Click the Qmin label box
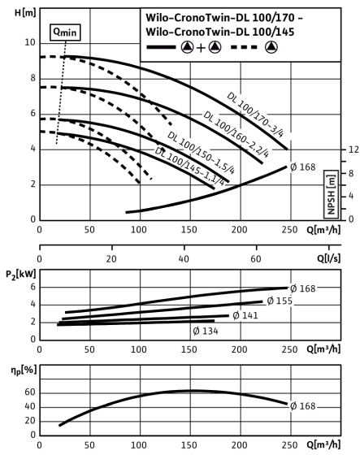coord(66,32)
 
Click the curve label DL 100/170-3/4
coord(255,115)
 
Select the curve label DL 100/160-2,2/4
coord(236,134)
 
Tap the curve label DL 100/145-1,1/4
coord(189,167)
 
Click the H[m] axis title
coord(25,13)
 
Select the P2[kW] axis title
coord(21,275)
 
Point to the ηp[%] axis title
coord(24,370)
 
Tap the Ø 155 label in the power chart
coord(280,301)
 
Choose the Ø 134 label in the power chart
coord(206,331)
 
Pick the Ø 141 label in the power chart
coord(245,315)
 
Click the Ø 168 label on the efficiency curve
coord(302,406)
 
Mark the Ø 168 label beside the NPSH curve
coord(302,167)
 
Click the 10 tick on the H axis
coord(30,42)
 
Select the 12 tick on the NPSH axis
coord(353,149)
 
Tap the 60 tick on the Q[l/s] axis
coord(256,258)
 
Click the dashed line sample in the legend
coord(244,47)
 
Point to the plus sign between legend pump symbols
coord(201,48)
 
